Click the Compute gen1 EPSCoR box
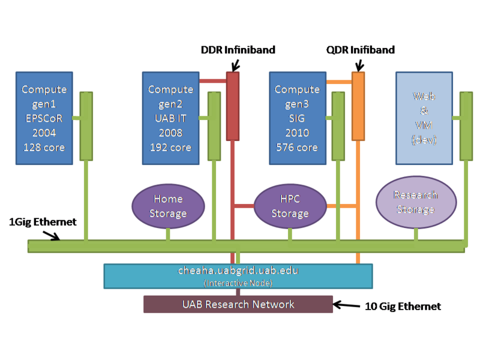(x=44, y=118)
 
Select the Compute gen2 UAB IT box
(x=170, y=118)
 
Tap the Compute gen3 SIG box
(x=297, y=118)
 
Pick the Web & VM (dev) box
(x=424, y=118)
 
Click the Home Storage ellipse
(x=167, y=206)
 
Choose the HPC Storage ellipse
(x=290, y=206)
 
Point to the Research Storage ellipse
(x=416, y=202)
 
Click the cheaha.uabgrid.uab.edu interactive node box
(x=238, y=275)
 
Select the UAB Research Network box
(x=238, y=304)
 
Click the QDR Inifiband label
(x=360, y=50)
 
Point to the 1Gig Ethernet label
(x=43, y=222)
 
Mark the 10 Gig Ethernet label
(x=403, y=307)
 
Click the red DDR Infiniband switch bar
(x=233, y=106)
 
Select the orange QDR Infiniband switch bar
(x=358, y=106)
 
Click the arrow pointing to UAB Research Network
(x=346, y=305)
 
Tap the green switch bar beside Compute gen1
(x=86, y=126)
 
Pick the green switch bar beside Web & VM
(x=466, y=126)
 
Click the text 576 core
(x=297, y=147)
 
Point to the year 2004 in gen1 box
(x=44, y=133)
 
